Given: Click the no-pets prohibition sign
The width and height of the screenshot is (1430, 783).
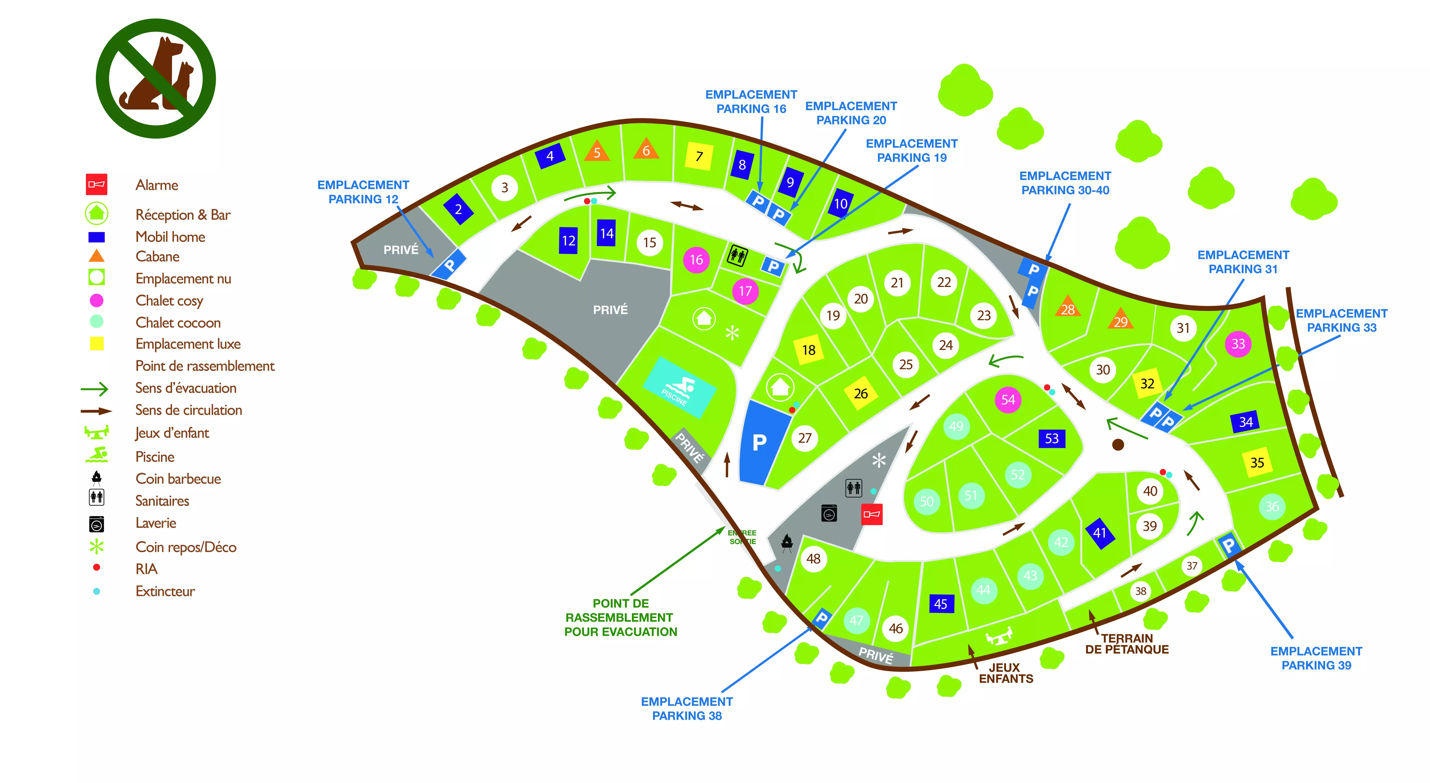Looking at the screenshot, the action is (x=156, y=78).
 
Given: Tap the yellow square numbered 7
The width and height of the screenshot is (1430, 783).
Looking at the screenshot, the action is (x=699, y=156).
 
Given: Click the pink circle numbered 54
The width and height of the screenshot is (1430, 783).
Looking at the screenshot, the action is (x=1008, y=400).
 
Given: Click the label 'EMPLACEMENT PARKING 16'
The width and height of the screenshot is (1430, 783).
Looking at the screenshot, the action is (x=751, y=102).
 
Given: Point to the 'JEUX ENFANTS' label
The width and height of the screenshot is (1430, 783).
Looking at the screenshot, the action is (x=1006, y=673).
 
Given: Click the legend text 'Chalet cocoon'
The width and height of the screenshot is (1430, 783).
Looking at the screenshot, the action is (x=178, y=323).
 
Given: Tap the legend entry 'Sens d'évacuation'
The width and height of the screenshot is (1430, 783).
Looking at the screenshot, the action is (x=186, y=388).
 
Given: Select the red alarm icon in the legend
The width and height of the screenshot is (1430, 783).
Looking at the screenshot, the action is (x=97, y=184).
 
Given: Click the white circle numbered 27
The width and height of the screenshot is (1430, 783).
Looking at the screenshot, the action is (x=804, y=438).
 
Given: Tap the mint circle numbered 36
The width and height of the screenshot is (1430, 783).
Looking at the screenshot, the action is (x=1272, y=506).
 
